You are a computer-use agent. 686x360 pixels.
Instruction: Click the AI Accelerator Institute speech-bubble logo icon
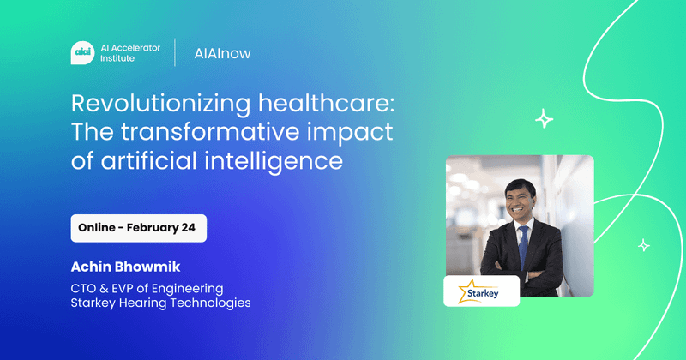click(83, 52)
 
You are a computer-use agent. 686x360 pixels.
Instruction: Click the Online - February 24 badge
click(139, 228)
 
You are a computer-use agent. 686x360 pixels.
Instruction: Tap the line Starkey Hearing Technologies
click(160, 303)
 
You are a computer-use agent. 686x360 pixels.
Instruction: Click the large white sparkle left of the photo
click(544, 119)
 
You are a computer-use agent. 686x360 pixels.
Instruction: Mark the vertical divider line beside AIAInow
click(175, 52)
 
